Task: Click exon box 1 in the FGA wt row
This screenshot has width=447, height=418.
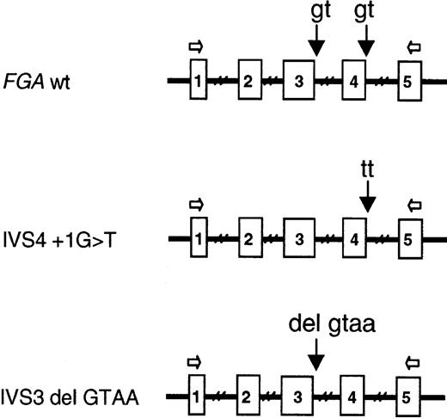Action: [198, 83]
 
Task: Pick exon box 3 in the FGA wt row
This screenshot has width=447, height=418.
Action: [298, 83]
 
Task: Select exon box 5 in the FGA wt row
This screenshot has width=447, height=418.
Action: [408, 83]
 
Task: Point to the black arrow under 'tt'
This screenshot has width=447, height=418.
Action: [367, 202]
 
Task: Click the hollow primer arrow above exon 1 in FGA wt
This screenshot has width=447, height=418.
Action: [196, 49]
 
